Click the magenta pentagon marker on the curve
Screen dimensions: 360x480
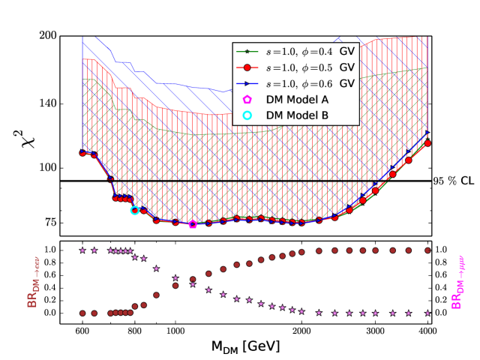click(193, 223)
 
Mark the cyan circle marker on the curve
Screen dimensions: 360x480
click(135, 210)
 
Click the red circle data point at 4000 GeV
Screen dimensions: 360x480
click(427, 143)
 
